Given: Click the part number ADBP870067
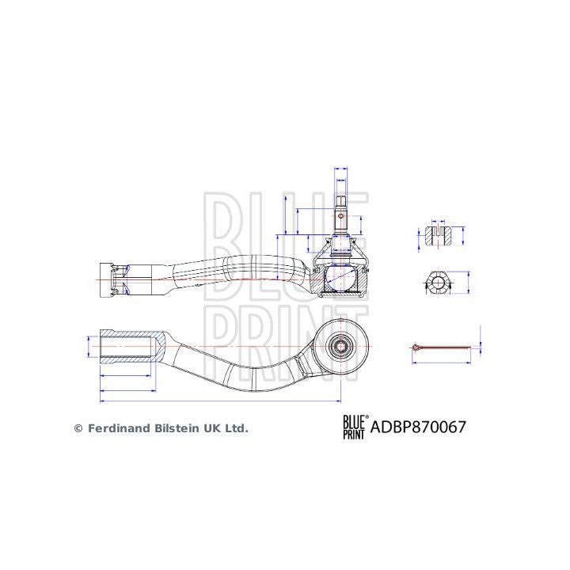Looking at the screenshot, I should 419,427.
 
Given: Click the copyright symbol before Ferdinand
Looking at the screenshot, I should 78,428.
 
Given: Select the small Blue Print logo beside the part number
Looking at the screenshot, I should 353,427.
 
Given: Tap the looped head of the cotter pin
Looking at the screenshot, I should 416,346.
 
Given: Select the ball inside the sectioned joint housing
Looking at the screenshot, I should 342,278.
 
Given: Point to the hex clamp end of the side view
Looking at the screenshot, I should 112,279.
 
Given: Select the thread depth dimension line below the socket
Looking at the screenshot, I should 125,374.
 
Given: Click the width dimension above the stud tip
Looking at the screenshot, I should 341,169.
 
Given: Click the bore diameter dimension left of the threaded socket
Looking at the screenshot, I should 87,346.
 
